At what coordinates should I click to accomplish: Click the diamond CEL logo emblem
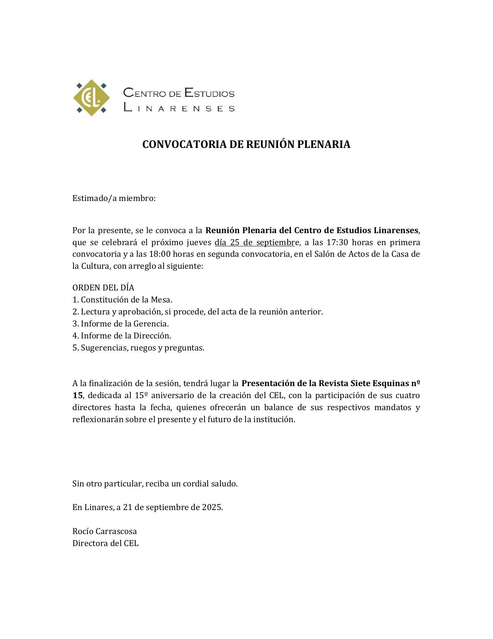coord(92,98)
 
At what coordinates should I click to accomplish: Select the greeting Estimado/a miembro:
coord(114,198)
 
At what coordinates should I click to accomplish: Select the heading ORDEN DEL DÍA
coord(103,288)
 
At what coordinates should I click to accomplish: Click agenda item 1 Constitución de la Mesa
coord(122,300)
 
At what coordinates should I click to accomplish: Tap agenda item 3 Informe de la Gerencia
coord(121,324)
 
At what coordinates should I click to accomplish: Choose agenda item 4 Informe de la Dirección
coord(122,336)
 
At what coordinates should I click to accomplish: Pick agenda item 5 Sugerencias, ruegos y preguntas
coord(138,348)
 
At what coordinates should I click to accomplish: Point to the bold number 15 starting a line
coord(77,395)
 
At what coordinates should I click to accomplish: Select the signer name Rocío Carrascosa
coord(105,531)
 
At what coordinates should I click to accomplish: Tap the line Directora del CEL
coord(106,543)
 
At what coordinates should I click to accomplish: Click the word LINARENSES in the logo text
coord(179,108)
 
